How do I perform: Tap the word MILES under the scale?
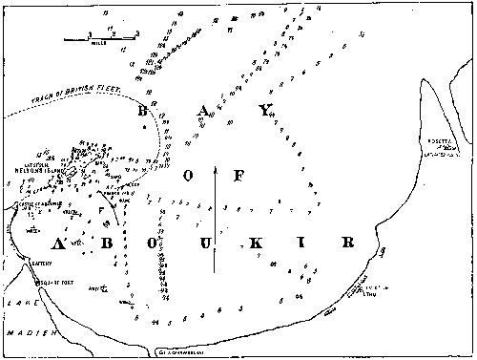click(101, 44)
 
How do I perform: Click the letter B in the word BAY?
click(145, 111)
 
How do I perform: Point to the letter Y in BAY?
click(266, 111)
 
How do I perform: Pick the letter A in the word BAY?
click(204, 111)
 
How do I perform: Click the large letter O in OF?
click(190, 177)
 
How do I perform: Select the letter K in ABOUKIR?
click(257, 244)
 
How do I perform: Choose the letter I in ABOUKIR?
click(302, 244)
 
